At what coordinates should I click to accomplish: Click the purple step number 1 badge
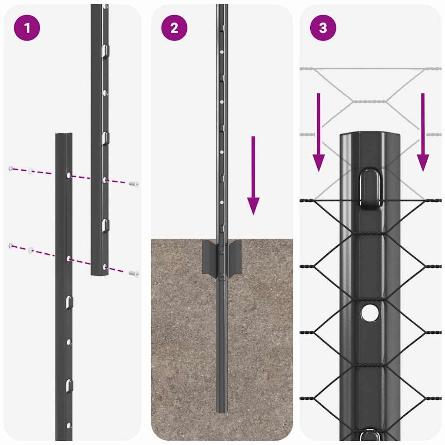click(27, 28)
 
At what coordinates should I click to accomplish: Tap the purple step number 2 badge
click(174, 28)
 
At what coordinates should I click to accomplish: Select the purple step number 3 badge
click(323, 28)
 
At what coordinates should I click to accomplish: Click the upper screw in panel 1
click(134, 184)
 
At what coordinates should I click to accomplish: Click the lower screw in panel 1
click(134, 273)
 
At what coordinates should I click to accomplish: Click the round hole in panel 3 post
click(369, 313)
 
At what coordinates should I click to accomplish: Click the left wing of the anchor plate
click(210, 258)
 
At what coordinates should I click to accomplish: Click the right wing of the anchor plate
click(235, 258)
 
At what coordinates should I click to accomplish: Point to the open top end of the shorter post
click(64, 135)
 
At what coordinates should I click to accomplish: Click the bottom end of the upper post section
click(99, 273)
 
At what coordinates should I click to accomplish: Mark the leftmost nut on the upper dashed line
click(11, 168)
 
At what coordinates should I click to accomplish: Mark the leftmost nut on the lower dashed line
click(11, 246)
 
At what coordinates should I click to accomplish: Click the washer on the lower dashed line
click(31, 250)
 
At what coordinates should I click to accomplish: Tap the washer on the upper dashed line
click(31, 171)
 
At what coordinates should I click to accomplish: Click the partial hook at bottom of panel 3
click(369, 436)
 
